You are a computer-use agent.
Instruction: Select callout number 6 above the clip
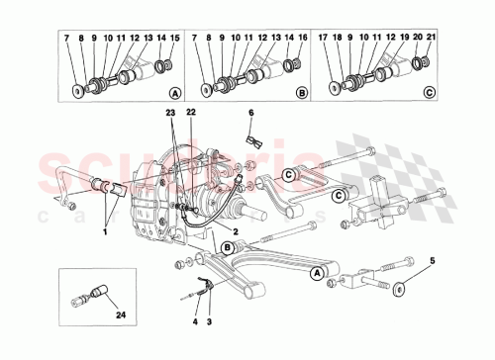click(x=250, y=114)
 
